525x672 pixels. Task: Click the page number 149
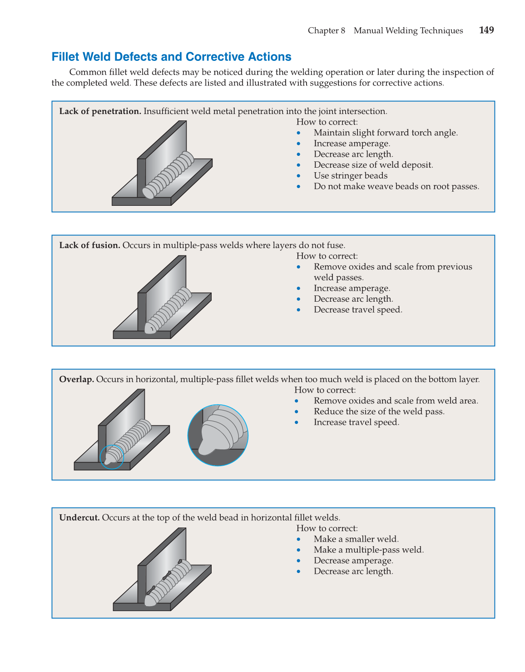tap(486, 30)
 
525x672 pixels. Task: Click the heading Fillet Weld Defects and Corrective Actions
tap(171, 57)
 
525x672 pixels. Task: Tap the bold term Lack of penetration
tap(100, 111)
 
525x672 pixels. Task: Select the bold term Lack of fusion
tap(89, 245)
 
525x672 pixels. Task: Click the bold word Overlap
tap(76, 379)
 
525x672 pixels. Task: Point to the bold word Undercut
tap(79, 518)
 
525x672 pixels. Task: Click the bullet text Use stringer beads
tap(350, 176)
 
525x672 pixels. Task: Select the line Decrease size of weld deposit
tap(373, 165)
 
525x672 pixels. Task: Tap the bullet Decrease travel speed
tap(357, 310)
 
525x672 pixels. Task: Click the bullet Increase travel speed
tap(356, 423)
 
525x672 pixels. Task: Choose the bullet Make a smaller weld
tap(356, 539)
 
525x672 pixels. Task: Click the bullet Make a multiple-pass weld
tap(368, 550)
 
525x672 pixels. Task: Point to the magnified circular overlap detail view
tap(218, 435)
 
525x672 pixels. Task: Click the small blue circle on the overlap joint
tap(112, 457)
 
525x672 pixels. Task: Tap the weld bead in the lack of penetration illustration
tap(168, 175)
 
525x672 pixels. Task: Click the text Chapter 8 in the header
tap(326, 31)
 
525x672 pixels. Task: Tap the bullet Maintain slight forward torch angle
tap(385, 133)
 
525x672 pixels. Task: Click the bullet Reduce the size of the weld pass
tap(379, 412)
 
